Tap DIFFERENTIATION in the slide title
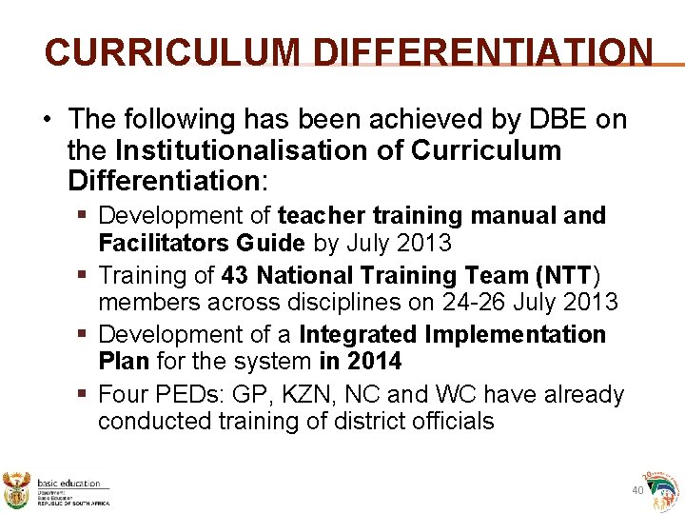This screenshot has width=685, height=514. point(483,53)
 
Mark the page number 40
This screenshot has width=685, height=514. point(637,490)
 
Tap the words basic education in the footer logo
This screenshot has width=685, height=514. point(68,484)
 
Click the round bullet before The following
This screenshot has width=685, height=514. point(47,121)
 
